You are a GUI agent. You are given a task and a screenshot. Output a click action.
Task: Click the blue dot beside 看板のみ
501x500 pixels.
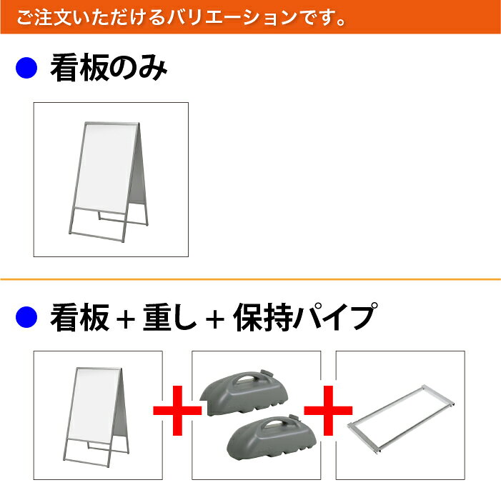(x=26, y=68)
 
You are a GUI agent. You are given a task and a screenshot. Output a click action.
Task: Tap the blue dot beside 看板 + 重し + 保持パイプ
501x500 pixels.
(x=26, y=316)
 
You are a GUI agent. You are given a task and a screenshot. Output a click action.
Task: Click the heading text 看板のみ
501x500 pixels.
(x=109, y=68)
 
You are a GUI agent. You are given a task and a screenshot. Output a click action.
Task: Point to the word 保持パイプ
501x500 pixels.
(x=305, y=316)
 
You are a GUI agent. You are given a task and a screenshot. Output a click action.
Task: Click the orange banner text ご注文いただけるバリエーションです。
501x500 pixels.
(x=181, y=17)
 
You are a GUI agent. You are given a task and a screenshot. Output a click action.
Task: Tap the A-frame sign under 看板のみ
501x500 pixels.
(x=109, y=181)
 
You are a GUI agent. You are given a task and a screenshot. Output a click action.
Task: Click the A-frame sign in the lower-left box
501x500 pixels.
(x=96, y=417)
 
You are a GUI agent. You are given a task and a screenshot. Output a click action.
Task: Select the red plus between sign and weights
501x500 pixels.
(x=177, y=411)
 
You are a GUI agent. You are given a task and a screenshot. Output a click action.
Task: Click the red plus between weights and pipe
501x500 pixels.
(x=328, y=411)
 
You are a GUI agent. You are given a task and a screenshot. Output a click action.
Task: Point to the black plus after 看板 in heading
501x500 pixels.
(x=126, y=320)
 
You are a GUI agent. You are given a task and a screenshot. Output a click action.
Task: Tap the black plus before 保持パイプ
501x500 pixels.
(x=214, y=320)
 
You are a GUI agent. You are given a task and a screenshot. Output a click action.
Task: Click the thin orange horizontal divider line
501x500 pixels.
(x=250, y=279)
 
